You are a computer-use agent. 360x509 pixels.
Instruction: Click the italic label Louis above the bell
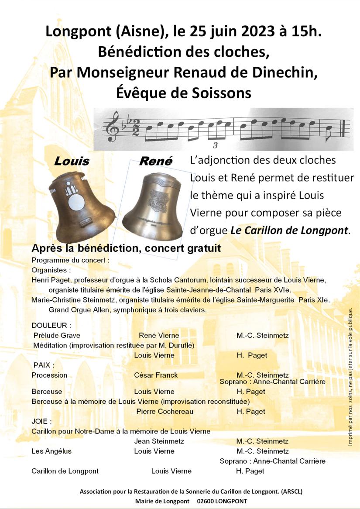pyautogui.click(x=72, y=162)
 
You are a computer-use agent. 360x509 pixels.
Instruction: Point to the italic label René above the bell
pyautogui.click(x=155, y=162)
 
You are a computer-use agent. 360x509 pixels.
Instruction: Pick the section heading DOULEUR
pyautogui.click(x=51, y=326)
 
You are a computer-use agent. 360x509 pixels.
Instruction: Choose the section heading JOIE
pyautogui.click(x=41, y=421)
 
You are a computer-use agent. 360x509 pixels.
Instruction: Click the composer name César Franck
pyautogui.click(x=156, y=375)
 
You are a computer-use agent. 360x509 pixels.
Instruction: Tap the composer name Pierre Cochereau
pyautogui.click(x=165, y=411)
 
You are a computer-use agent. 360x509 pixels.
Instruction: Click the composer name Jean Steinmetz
pyautogui.click(x=159, y=441)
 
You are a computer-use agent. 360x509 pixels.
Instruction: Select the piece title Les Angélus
pyautogui.click(x=51, y=451)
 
